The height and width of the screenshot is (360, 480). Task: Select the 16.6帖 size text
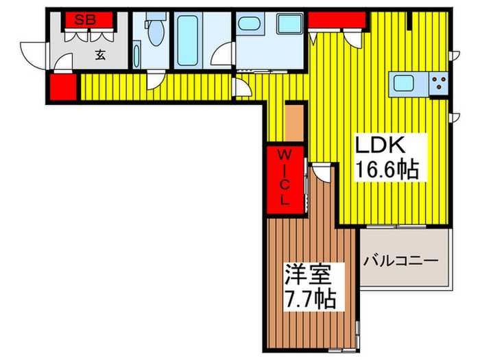386,169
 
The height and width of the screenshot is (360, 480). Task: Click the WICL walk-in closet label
284,178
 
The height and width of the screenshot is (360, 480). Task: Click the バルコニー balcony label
401,261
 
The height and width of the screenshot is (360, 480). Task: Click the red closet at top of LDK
335,20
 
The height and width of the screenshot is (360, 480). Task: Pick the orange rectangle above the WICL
294,121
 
